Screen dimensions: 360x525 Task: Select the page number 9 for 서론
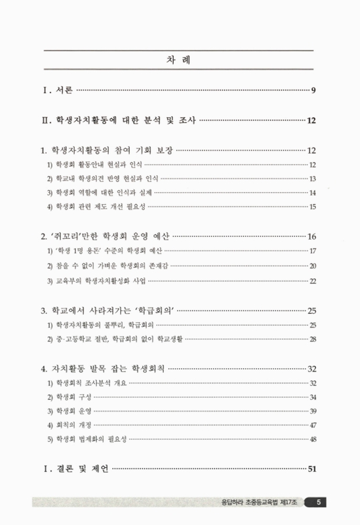pos(315,89)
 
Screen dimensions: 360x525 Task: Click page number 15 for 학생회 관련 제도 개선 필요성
pos(313,207)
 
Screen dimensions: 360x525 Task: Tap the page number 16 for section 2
pos(312,236)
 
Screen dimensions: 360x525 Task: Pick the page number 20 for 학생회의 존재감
pos(313,266)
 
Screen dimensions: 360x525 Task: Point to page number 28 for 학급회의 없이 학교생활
pos(313,339)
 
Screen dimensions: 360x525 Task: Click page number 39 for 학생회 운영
pos(313,411)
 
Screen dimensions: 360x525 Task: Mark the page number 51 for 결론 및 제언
pos(312,469)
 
